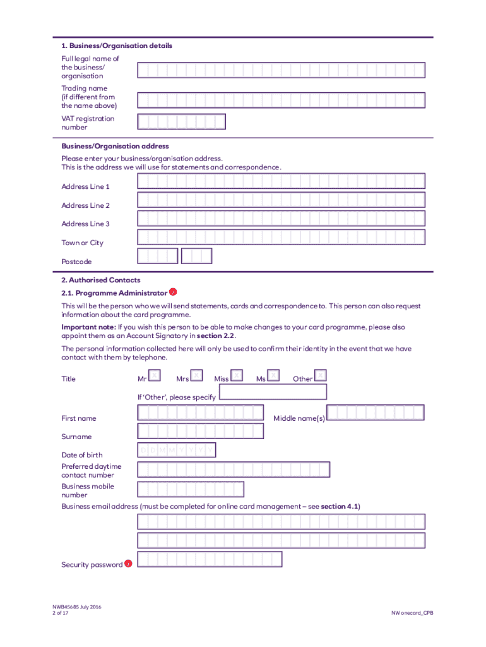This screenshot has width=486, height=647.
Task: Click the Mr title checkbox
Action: (x=155, y=375)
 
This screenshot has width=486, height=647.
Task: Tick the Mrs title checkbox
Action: (x=197, y=375)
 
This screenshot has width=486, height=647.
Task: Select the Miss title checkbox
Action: (x=237, y=375)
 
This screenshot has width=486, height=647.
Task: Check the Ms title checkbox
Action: (x=273, y=375)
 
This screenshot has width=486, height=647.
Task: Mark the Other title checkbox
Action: (x=320, y=375)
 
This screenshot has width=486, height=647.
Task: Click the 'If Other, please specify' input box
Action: (x=273, y=392)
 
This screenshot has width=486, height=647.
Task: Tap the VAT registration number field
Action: (x=181, y=122)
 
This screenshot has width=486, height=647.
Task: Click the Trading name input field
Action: (x=281, y=100)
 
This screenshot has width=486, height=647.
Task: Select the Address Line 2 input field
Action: (x=281, y=200)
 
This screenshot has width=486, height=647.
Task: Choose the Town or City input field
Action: (x=281, y=238)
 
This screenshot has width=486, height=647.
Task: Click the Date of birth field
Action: (x=176, y=450)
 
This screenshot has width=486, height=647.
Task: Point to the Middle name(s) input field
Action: (x=375, y=413)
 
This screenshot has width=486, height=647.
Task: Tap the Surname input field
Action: (x=200, y=432)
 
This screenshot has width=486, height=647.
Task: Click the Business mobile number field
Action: (x=191, y=490)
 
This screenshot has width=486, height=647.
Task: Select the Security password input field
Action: (x=210, y=560)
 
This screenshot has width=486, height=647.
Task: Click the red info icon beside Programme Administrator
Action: (x=173, y=292)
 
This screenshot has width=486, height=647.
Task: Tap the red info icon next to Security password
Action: (x=128, y=563)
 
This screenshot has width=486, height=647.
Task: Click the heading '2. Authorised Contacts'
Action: (x=101, y=280)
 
